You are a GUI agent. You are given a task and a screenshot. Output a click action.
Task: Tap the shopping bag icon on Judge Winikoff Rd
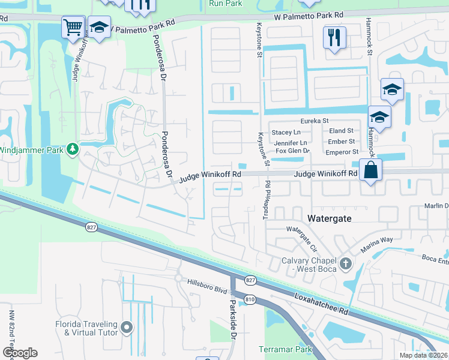[371, 170]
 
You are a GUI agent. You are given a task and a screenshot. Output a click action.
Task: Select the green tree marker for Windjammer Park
[73, 148]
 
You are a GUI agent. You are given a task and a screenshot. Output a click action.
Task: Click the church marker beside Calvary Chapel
[345, 263]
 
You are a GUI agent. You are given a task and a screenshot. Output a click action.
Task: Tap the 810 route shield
[250, 298]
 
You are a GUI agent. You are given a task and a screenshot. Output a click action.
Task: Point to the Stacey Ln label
[286, 131]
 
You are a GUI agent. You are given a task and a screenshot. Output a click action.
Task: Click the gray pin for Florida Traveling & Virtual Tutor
[126, 327]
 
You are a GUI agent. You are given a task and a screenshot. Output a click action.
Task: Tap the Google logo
[20, 353]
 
